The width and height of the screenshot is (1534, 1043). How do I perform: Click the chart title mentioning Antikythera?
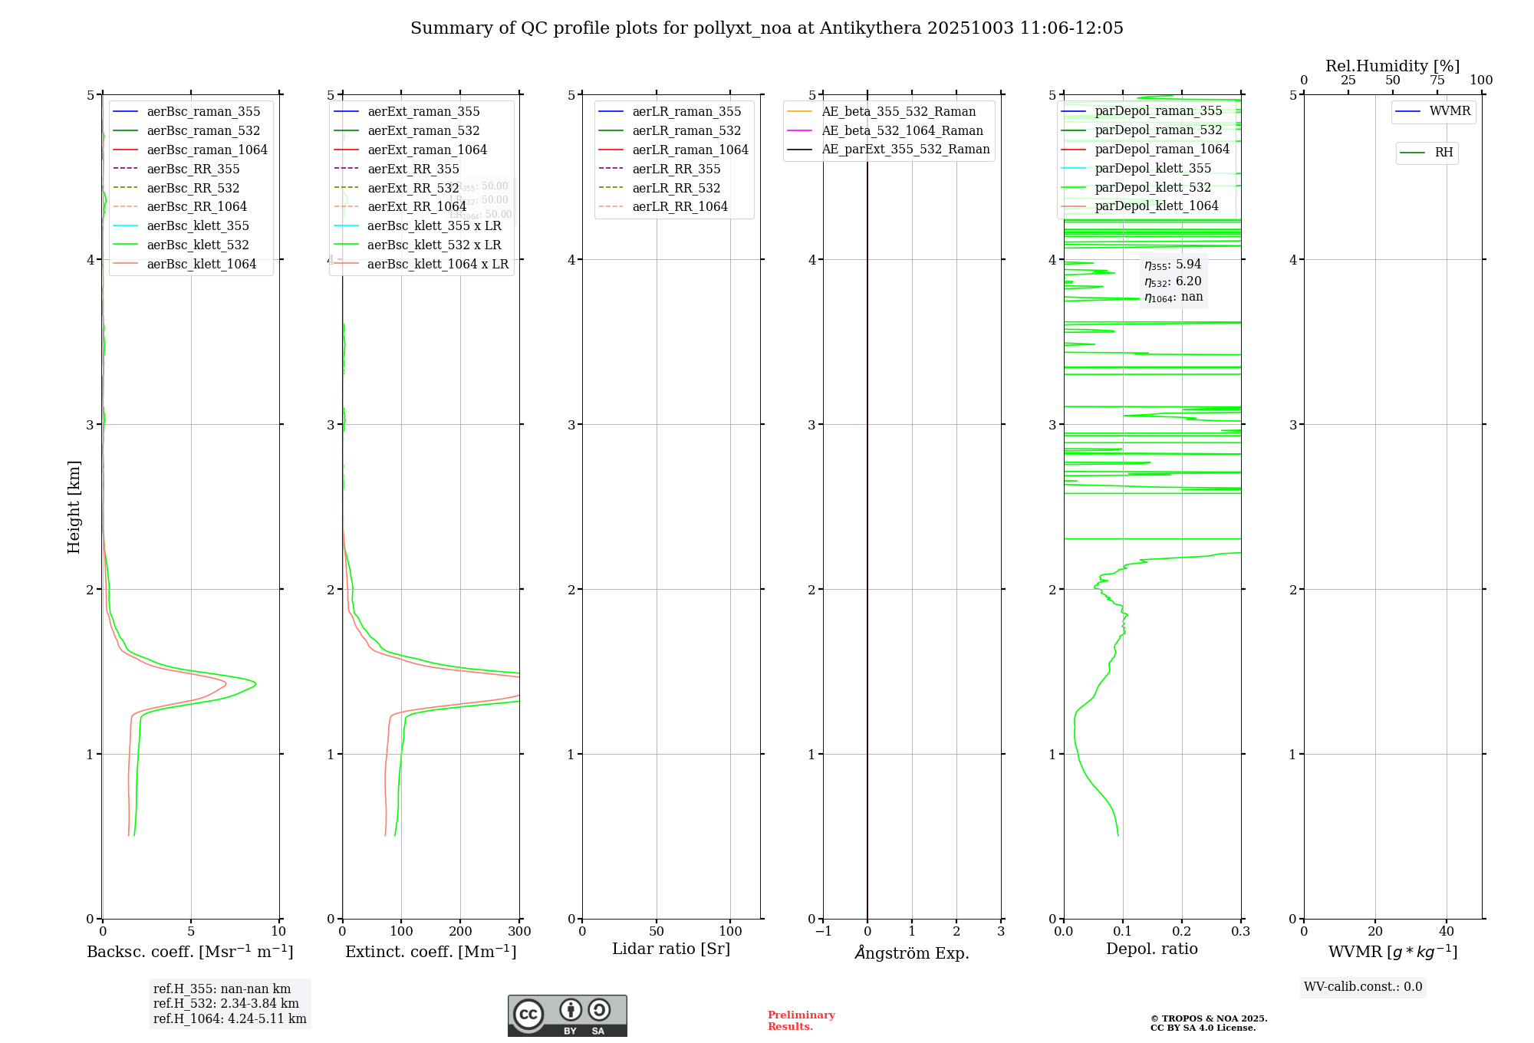pos(766,28)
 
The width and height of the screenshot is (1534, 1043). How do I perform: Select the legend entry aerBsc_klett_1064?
pos(201,264)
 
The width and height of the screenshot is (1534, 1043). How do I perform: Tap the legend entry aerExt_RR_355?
pos(413,169)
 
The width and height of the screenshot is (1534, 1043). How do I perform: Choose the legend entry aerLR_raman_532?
pos(686,130)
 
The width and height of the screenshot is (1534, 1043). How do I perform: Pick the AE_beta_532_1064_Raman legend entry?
pos(901,130)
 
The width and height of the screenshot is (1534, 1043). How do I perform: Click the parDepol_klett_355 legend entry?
pos(1152,168)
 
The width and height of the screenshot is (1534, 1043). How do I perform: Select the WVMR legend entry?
pos(1449,111)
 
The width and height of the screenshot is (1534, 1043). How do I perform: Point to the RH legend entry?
pos(1443,153)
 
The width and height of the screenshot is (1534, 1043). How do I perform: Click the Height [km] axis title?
pos(74,507)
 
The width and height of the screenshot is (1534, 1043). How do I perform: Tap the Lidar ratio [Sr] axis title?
pos(670,949)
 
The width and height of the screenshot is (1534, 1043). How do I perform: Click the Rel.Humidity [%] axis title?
pos(1392,66)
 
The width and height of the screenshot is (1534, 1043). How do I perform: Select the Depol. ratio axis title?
pos(1151,949)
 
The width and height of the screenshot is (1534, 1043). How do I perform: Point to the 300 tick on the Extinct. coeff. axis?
pos(519,931)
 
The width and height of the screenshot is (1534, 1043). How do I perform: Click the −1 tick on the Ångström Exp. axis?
pos(823,931)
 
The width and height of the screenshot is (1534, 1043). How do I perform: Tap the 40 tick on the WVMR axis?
pos(1446,931)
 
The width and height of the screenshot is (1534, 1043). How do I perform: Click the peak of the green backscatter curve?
pos(255,683)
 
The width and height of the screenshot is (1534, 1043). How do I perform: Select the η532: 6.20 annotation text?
pos(1173,281)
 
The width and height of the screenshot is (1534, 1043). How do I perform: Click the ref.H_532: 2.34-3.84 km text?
pos(225,1003)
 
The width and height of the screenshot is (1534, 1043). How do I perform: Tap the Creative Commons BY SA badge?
pos(567,1015)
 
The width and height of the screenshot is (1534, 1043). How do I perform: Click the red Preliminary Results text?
pos(801,1020)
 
